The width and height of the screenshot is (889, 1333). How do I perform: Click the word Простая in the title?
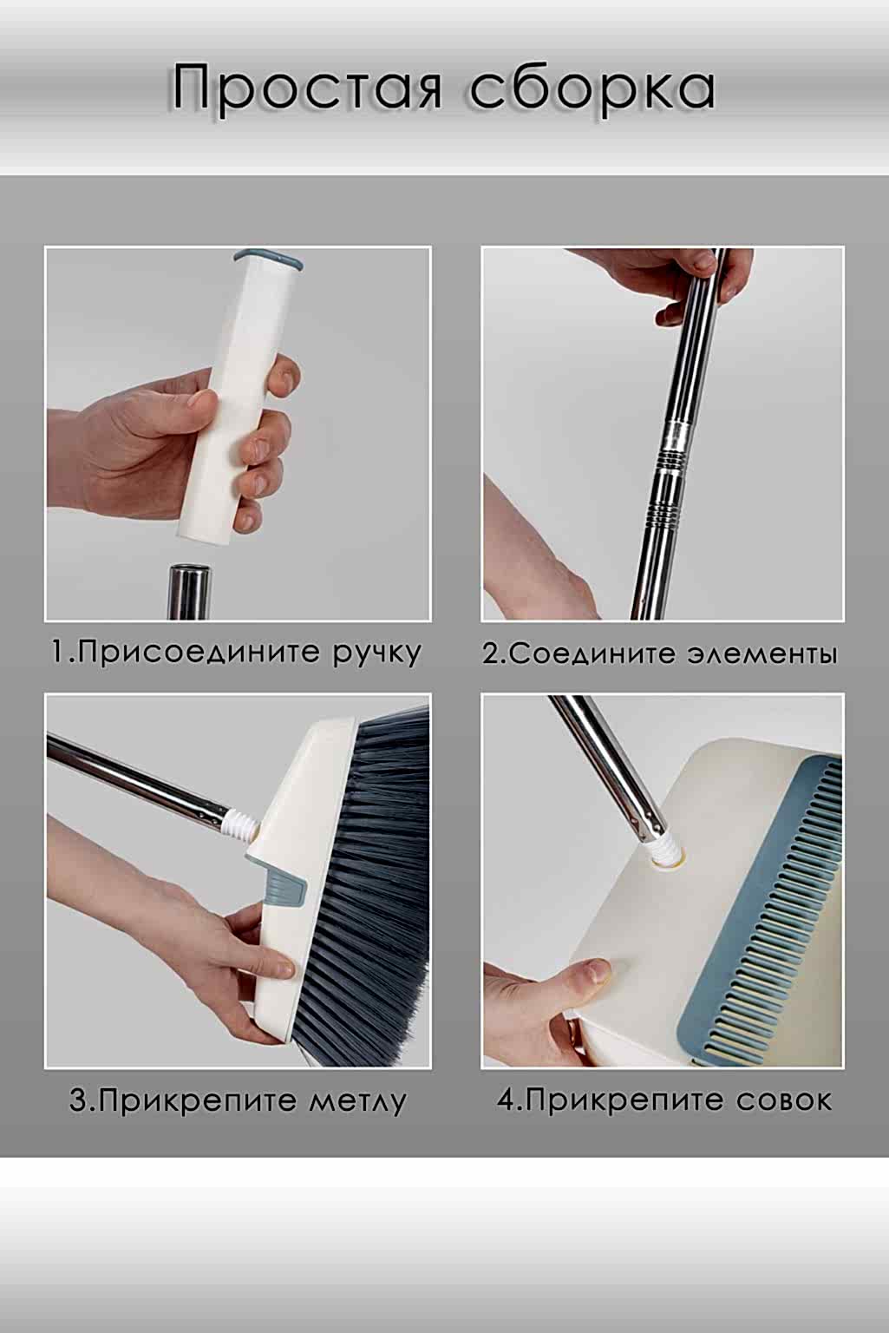pos(307,90)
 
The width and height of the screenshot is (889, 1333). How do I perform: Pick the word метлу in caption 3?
pos(357,1101)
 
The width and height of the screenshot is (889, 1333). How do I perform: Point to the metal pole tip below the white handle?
pos(190,592)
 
